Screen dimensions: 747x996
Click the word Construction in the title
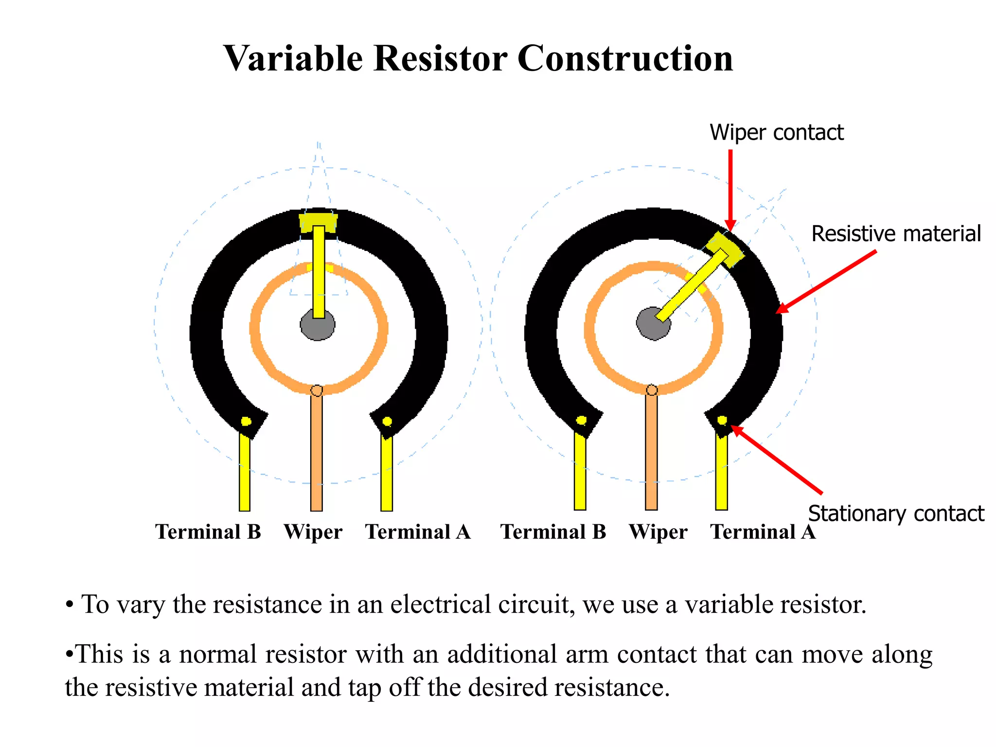point(624,58)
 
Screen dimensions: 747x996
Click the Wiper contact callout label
point(776,133)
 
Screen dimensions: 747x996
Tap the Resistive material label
point(896,234)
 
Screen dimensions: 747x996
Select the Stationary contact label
point(896,514)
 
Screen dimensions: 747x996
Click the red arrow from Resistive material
point(827,281)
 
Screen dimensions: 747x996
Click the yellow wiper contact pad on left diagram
point(318,220)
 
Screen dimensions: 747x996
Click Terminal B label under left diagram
point(208,532)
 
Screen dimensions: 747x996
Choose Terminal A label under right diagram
point(763,532)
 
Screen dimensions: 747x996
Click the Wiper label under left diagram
point(313,532)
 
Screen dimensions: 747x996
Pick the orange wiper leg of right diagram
point(651,452)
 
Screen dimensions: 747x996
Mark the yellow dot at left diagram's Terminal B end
point(246,421)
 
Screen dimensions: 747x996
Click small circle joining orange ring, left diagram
point(316,391)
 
